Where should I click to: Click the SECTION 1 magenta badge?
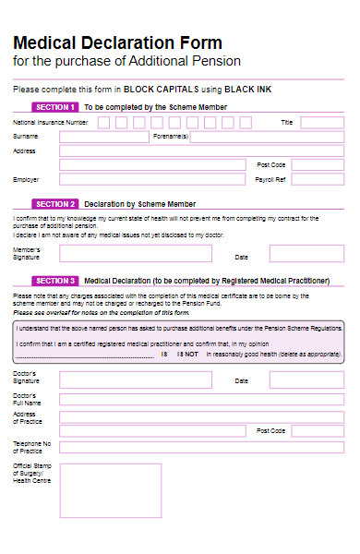[x=54, y=107]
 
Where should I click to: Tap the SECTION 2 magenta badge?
[x=54, y=204]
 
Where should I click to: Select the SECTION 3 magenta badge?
[x=54, y=280]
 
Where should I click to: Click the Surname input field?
[x=103, y=137]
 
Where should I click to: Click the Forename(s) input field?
[x=267, y=137]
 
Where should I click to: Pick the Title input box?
[x=322, y=122]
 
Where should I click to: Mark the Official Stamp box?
[x=110, y=490]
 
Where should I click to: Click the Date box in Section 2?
[x=306, y=254]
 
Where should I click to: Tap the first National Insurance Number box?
[x=103, y=122]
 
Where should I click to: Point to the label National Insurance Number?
[x=51, y=122]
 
